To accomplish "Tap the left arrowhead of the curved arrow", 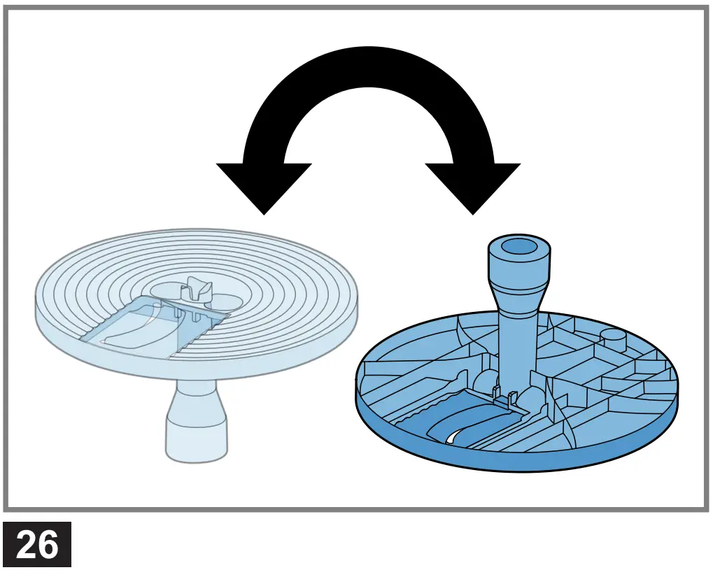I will coord(263,185).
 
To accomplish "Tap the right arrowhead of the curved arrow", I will coord(473,185).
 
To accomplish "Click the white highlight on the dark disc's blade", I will coord(451,436).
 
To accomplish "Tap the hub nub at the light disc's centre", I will coord(195,289).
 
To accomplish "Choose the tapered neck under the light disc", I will coord(197,398).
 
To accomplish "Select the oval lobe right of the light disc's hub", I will coord(228,301).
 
